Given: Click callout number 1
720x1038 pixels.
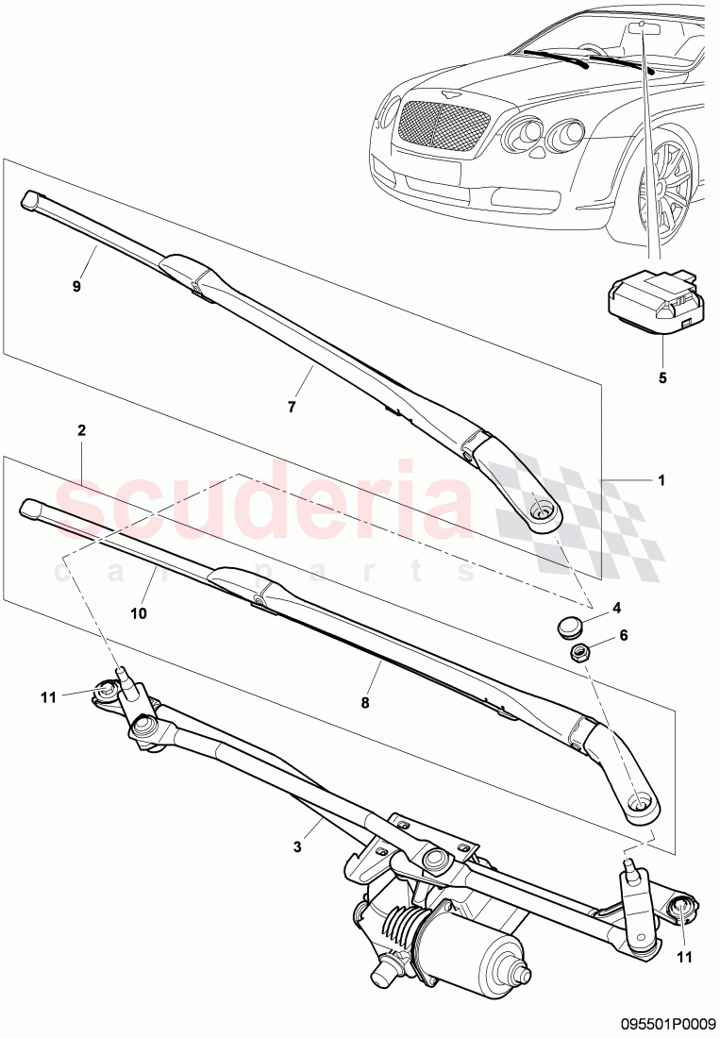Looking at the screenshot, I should (661, 479).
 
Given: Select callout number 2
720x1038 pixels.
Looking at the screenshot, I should (82, 430).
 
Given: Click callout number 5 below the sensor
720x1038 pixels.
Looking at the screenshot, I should (661, 377).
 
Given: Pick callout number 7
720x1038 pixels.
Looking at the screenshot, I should (292, 407).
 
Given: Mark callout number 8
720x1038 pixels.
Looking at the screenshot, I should (365, 702).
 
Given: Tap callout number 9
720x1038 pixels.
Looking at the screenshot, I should (77, 284).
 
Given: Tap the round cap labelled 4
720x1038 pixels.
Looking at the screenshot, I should (566, 625).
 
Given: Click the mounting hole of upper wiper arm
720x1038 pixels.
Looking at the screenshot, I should (544, 511).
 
